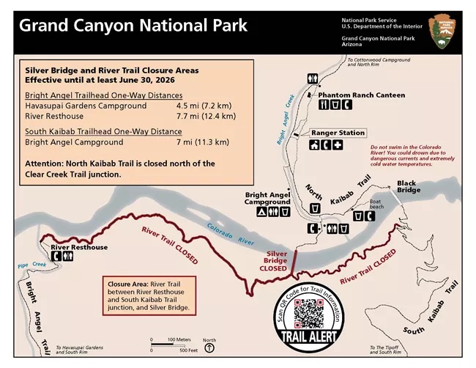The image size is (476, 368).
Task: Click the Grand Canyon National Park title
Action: pyautogui.click(x=133, y=26)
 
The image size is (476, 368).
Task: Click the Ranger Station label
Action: pyautogui.click(x=338, y=133)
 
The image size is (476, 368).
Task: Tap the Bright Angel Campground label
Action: pyautogui.click(x=268, y=198)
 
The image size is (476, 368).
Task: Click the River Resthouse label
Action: pyautogui.click(x=79, y=247)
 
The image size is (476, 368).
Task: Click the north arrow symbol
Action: pyautogui.click(x=210, y=347)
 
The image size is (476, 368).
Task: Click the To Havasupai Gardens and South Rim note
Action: pyautogui.click(x=78, y=349)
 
